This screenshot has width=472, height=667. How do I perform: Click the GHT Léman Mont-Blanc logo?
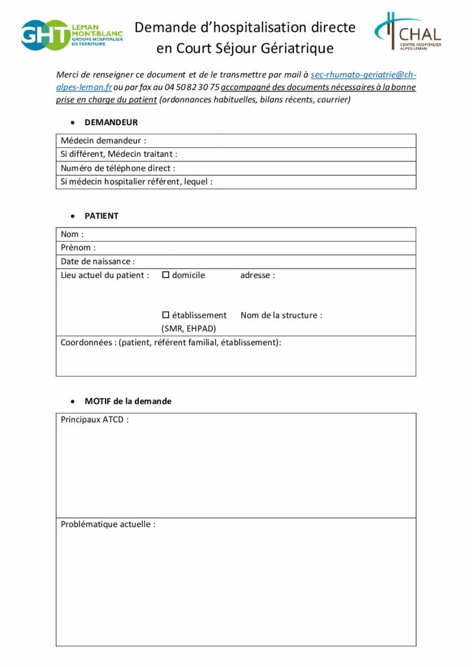click(x=72, y=35)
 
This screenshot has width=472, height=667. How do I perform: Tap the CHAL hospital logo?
click(x=408, y=31)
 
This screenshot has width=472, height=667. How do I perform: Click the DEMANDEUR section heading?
click(x=111, y=122)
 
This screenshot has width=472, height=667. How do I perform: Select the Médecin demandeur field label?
click(x=104, y=141)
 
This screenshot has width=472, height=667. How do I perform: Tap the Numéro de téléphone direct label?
click(x=118, y=168)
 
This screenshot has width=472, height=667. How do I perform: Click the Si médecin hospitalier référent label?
click(x=136, y=182)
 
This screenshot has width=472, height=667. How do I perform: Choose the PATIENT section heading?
click(x=102, y=216)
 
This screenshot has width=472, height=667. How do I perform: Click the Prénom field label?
click(x=78, y=248)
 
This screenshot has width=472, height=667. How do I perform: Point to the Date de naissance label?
click(x=98, y=261)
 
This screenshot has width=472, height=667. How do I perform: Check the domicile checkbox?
click(x=166, y=275)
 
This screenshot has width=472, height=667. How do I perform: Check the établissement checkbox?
click(x=166, y=315)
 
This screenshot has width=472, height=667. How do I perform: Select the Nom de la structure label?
click(x=281, y=315)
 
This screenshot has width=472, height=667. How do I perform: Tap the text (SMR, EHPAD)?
click(x=188, y=328)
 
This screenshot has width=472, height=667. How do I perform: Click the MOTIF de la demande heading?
click(x=128, y=401)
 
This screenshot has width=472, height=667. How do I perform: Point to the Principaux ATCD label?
click(x=95, y=419)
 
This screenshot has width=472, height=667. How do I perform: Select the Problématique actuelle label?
click(x=108, y=524)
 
